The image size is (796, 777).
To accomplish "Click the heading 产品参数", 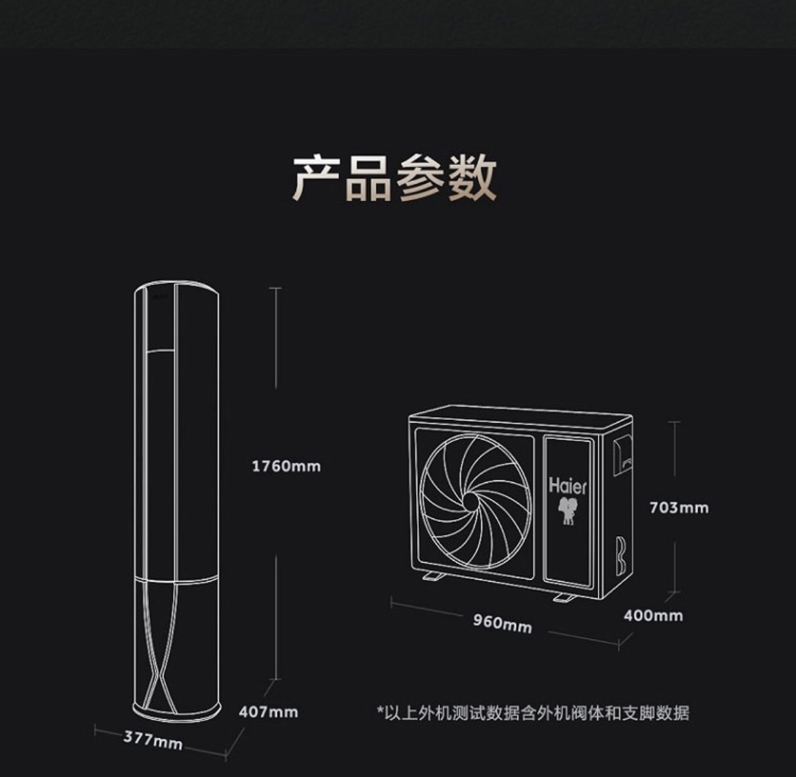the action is [394, 178].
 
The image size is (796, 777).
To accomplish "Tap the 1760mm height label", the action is [286, 466].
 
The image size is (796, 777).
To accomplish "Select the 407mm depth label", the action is [268, 712].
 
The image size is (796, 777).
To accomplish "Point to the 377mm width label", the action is [153, 740].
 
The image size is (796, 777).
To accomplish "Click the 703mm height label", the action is [678, 508].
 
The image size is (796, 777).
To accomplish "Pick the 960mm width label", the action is [503, 623].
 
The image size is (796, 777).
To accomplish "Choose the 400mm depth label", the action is [653, 616].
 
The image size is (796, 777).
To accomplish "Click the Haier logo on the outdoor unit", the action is [567, 486].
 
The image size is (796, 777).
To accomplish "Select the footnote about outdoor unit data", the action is [533, 713].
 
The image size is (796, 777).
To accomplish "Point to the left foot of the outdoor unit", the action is [432, 577].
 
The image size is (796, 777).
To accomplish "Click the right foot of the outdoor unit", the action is [564, 597].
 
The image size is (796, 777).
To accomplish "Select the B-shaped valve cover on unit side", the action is [620, 556].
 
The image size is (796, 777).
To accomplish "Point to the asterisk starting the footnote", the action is [381, 712].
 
